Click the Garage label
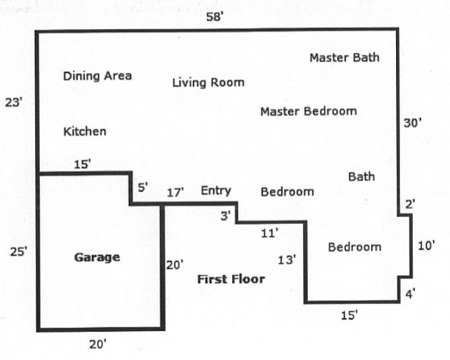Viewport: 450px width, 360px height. (97, 258)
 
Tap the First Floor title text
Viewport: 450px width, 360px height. (231, 279)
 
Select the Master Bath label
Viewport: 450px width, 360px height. (344, 58)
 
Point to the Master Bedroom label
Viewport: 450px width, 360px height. (308, 111)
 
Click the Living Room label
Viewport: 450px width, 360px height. (208, 83)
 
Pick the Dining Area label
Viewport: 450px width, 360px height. (97, 76)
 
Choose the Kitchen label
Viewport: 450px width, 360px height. (84, 131)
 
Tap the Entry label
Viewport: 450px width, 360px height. (216, 191)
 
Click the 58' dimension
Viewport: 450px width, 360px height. (215, 17)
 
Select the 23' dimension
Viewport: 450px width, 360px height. (13, 102)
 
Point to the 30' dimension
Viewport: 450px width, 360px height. (412, 123)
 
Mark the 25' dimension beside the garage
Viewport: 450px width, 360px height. (19, 251)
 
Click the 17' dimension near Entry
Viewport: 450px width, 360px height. (175, 192)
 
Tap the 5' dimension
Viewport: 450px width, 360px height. (143, 187)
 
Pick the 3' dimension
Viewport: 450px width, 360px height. (225, 216)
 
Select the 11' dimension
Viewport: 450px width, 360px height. (269, 233)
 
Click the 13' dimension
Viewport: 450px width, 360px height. (287, 260)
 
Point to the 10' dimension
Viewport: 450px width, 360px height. (426, 245)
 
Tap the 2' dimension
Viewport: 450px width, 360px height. (410, 204)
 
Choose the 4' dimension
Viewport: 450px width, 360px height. (410, 294)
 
